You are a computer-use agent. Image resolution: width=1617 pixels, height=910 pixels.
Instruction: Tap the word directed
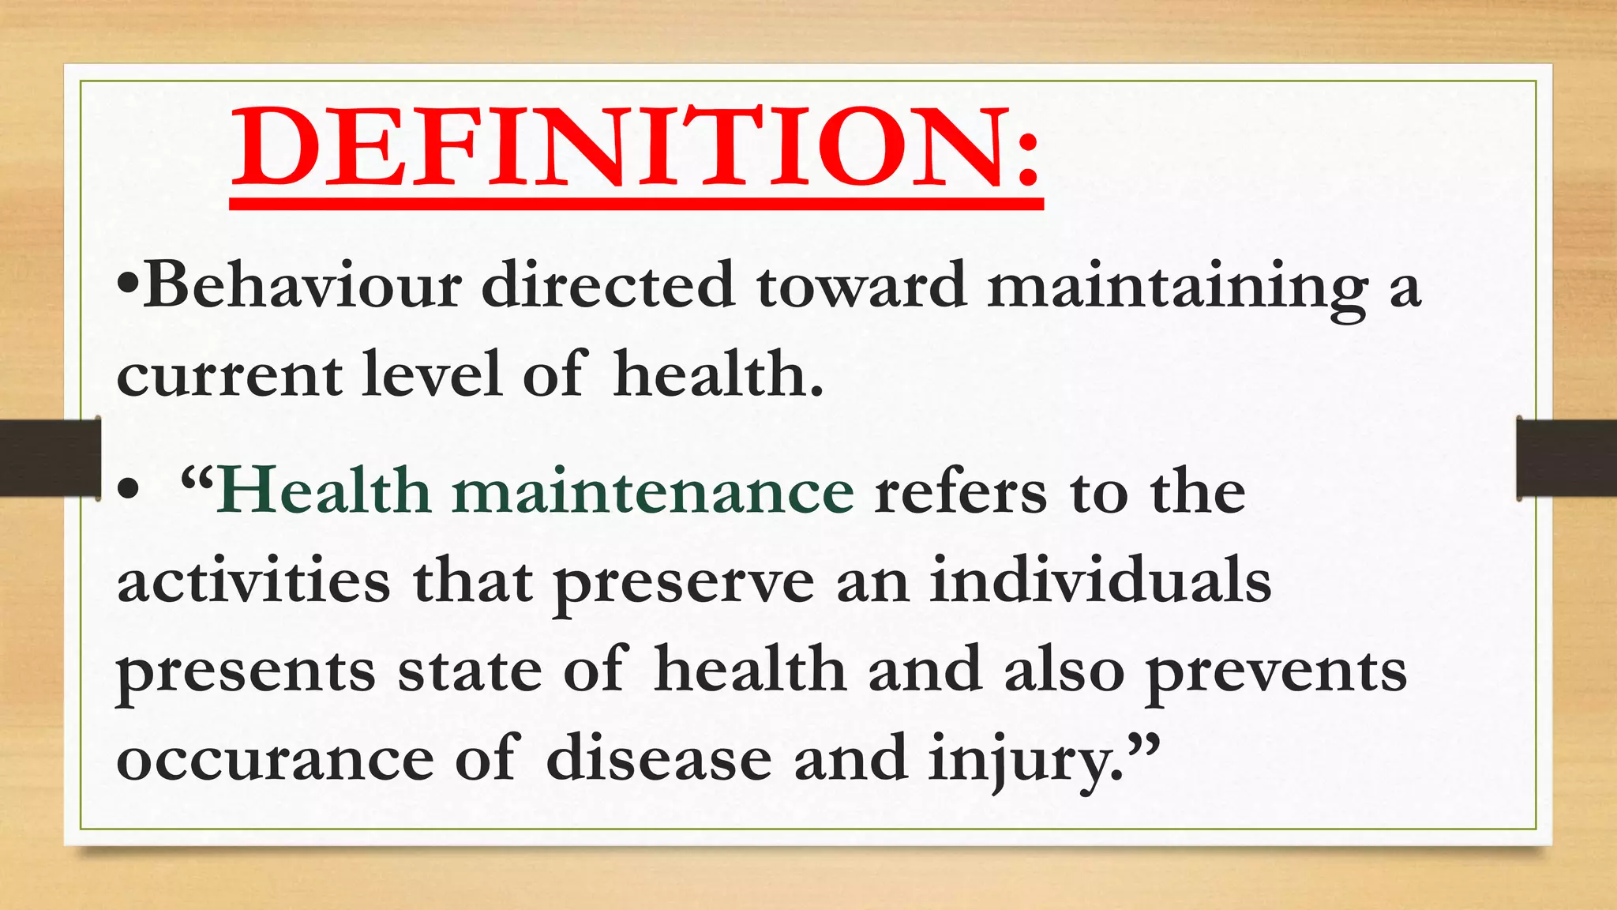(x=609, y=285)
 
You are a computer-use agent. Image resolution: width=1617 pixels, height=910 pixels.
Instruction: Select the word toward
(x=861, y=285)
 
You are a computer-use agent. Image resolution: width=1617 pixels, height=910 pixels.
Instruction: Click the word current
(x=229, y=374)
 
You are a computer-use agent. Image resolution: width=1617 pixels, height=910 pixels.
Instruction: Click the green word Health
(x=325, y=491)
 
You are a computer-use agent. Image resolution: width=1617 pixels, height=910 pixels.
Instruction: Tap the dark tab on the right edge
(x=1566, y=458)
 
